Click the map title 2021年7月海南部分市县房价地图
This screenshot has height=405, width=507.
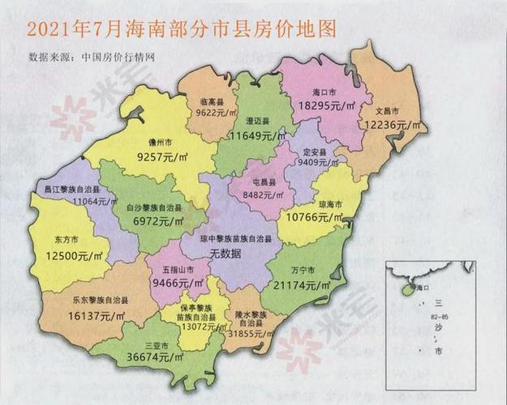181,29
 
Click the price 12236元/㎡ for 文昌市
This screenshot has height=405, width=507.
393,125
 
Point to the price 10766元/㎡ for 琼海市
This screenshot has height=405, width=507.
315,217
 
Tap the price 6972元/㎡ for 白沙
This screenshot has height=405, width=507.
157,220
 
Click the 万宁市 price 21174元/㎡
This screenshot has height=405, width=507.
302,286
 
